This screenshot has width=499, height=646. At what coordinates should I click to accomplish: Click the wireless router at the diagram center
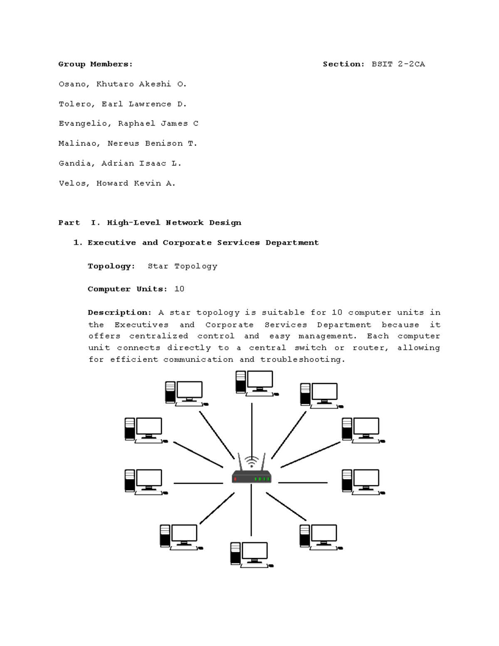(x=251, y=476)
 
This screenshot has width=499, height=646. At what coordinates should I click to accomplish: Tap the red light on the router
(x=235, y=479)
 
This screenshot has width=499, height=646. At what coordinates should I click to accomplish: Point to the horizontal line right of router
(x=303, y=483)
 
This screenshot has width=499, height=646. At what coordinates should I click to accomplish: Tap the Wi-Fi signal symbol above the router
(x=251, y=461)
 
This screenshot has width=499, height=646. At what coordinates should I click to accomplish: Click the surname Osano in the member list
(x=72, y=84)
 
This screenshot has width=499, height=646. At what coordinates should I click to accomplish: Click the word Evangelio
(x=85, y=124)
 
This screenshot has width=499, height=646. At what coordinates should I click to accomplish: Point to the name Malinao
(x=78, y=144)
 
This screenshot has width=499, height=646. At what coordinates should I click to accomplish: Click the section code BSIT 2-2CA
(x=398, y=64)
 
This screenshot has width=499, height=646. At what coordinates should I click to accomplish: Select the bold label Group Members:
(x=95, y=64)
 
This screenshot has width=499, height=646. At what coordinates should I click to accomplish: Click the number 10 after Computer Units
(x=179, y=289)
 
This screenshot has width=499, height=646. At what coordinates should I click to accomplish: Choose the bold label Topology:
(x=111, y=266)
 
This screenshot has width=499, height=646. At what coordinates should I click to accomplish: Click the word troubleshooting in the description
(x=302, y=359)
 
